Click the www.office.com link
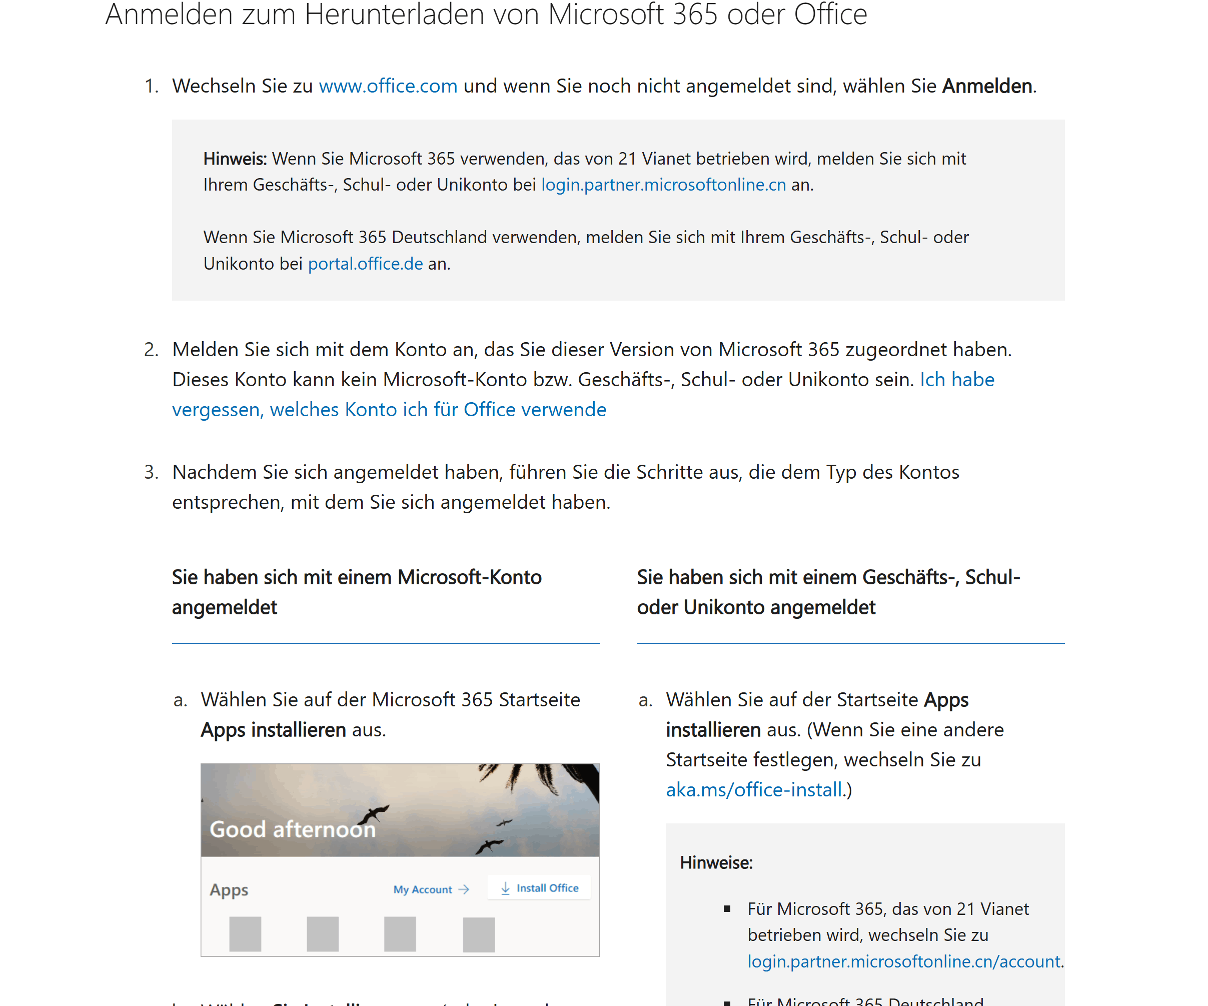click(x=388, y=86)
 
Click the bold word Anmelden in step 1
click(x=986, y=86)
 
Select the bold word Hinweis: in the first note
click(x=235, y=158)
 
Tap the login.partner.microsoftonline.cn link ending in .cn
click(x=663, y=185)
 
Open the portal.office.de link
click(x=365, y=264)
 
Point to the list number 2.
click(x=151, y=350)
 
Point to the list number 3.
click(x=151, y=472)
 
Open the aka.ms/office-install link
click(x=753, y=790)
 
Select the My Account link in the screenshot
click(x=423, y=889)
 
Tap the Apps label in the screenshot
click(x=229, y=889)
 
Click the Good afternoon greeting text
click(x=292, y=829)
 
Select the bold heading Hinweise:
click(x=716, y=863)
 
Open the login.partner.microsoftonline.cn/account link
click(x=903, y=961)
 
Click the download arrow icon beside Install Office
click(x=505, y=888)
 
